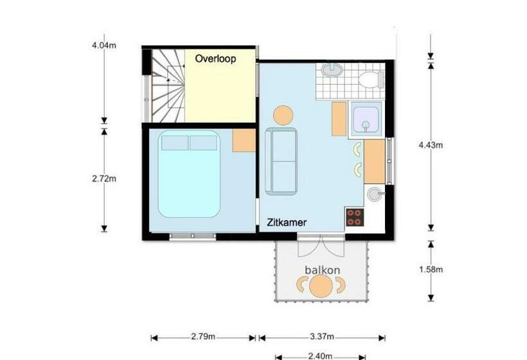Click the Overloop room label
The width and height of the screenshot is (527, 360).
point(215,59)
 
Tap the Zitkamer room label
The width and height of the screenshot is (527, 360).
point(287,222)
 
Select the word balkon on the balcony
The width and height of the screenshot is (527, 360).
point(322,270)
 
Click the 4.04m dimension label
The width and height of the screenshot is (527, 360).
point(104,46)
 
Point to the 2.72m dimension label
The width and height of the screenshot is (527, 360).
point(104,178)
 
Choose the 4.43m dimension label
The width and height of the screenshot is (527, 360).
point(430,145)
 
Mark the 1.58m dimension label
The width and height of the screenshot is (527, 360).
point(430,269)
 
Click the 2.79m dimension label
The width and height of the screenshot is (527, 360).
point(202,336)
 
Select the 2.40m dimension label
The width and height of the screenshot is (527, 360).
point(319,355)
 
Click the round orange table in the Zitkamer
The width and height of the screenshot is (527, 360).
point(283,115)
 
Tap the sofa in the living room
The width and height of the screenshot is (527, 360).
point(281,160)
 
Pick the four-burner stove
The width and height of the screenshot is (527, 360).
point(354,217)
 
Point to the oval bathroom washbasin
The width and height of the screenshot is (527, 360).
point(332,70)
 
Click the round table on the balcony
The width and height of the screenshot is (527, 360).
point(320,285)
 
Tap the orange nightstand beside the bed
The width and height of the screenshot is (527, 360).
point(244,140)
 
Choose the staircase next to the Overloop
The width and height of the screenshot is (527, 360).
point(166,86)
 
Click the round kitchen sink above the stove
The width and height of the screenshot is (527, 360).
point(374,194)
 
